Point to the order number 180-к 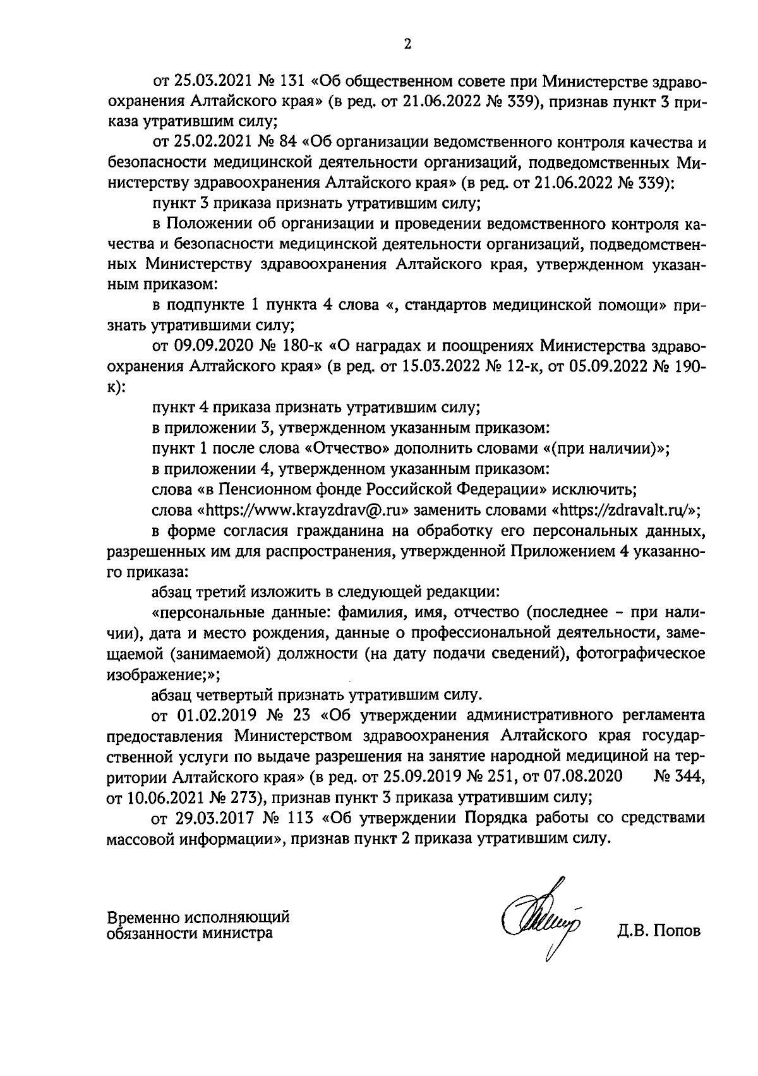(303, 346)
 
